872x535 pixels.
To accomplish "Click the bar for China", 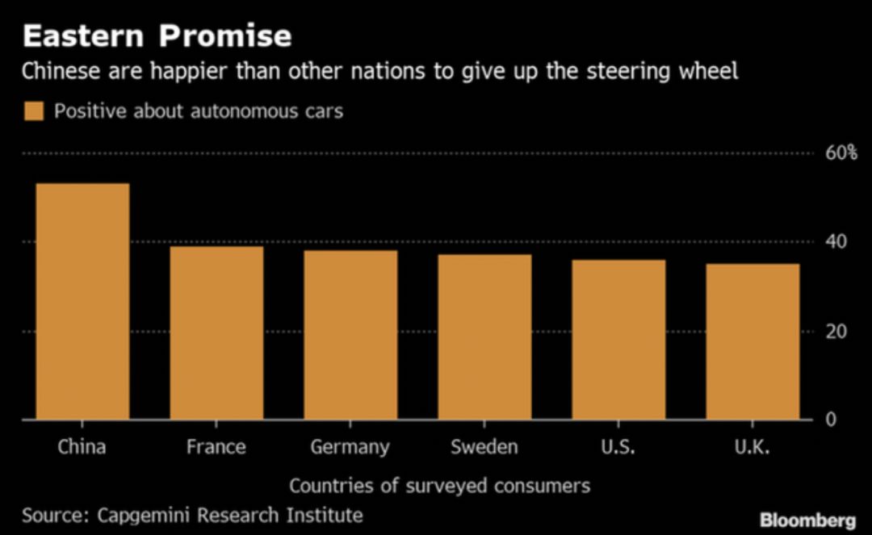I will pyautogui.click(x=82, y=302).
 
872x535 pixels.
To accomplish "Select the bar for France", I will pyautogui.click(x=216, y=332).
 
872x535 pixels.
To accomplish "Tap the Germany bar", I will pyautogui.click(x=350, y=335).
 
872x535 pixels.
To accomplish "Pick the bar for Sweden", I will pyautogui.click(x=484, y=337).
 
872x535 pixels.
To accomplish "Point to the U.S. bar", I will pyautogui.click(x=618, y=340).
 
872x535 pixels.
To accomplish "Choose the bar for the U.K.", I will pyautogui.click(x=753, y=341).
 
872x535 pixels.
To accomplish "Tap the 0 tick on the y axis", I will pyautogui.click(x=831, y=420).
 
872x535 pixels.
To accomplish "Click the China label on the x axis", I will pyautogui.click(x=82, y=446).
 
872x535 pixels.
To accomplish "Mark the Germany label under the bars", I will pyautogui.click(x=350, y=447).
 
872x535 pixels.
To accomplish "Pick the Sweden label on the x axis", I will pyautogui.click(x=484, y=446).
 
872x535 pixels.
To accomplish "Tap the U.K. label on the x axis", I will pyautogui.click(x=752, y=446).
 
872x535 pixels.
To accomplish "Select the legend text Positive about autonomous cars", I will pyautogui.click(x=199, y=111).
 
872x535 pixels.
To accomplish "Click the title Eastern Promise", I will pyautogui.click(x=157, y=36).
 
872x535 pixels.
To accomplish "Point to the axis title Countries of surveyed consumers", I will pyautogui.click(x=439, y=486).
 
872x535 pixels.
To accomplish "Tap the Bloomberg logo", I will pyautogui.click(x=807, y=519).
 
